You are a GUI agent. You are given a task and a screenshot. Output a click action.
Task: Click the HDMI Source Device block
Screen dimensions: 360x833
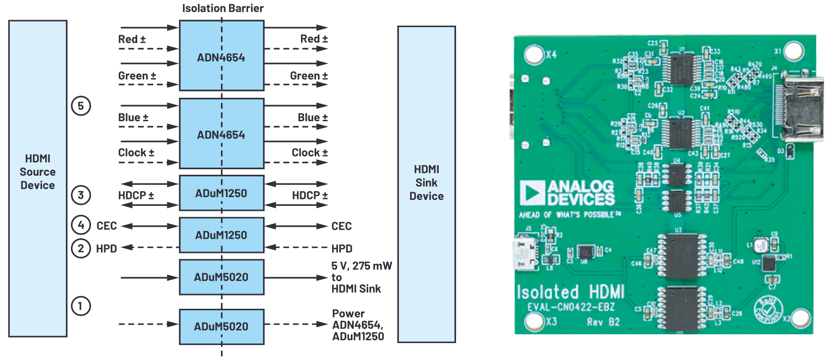click(38, 178)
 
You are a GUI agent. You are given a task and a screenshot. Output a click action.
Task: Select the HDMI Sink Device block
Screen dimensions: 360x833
click(426, 183)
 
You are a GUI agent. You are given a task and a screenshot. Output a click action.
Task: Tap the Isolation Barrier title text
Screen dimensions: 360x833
click(223, 8)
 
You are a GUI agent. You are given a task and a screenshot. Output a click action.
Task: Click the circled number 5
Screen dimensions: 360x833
click(81, 106)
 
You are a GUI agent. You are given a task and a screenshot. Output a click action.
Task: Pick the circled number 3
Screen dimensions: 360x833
click(81, 195)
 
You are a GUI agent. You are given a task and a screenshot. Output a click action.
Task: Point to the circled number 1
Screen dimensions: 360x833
click(81, 306)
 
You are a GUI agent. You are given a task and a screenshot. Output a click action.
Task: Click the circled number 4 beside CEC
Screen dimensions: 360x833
click(81, 225)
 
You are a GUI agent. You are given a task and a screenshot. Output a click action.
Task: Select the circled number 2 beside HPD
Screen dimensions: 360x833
click(81, 248)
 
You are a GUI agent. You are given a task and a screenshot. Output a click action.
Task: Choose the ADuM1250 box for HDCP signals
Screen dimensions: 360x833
click(221, 193)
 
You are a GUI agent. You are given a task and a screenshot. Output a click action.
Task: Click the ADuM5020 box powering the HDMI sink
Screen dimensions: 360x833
click(221, 277)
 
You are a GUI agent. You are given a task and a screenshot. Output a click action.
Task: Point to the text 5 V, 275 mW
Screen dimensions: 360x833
click(361, 266)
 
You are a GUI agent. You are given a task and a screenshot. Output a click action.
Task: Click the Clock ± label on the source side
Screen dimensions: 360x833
click(136, 153)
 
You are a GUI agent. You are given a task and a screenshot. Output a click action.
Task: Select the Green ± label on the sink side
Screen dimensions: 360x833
click(309, 76)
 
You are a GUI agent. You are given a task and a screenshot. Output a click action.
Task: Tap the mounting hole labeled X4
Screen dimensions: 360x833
click(534, 54)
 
